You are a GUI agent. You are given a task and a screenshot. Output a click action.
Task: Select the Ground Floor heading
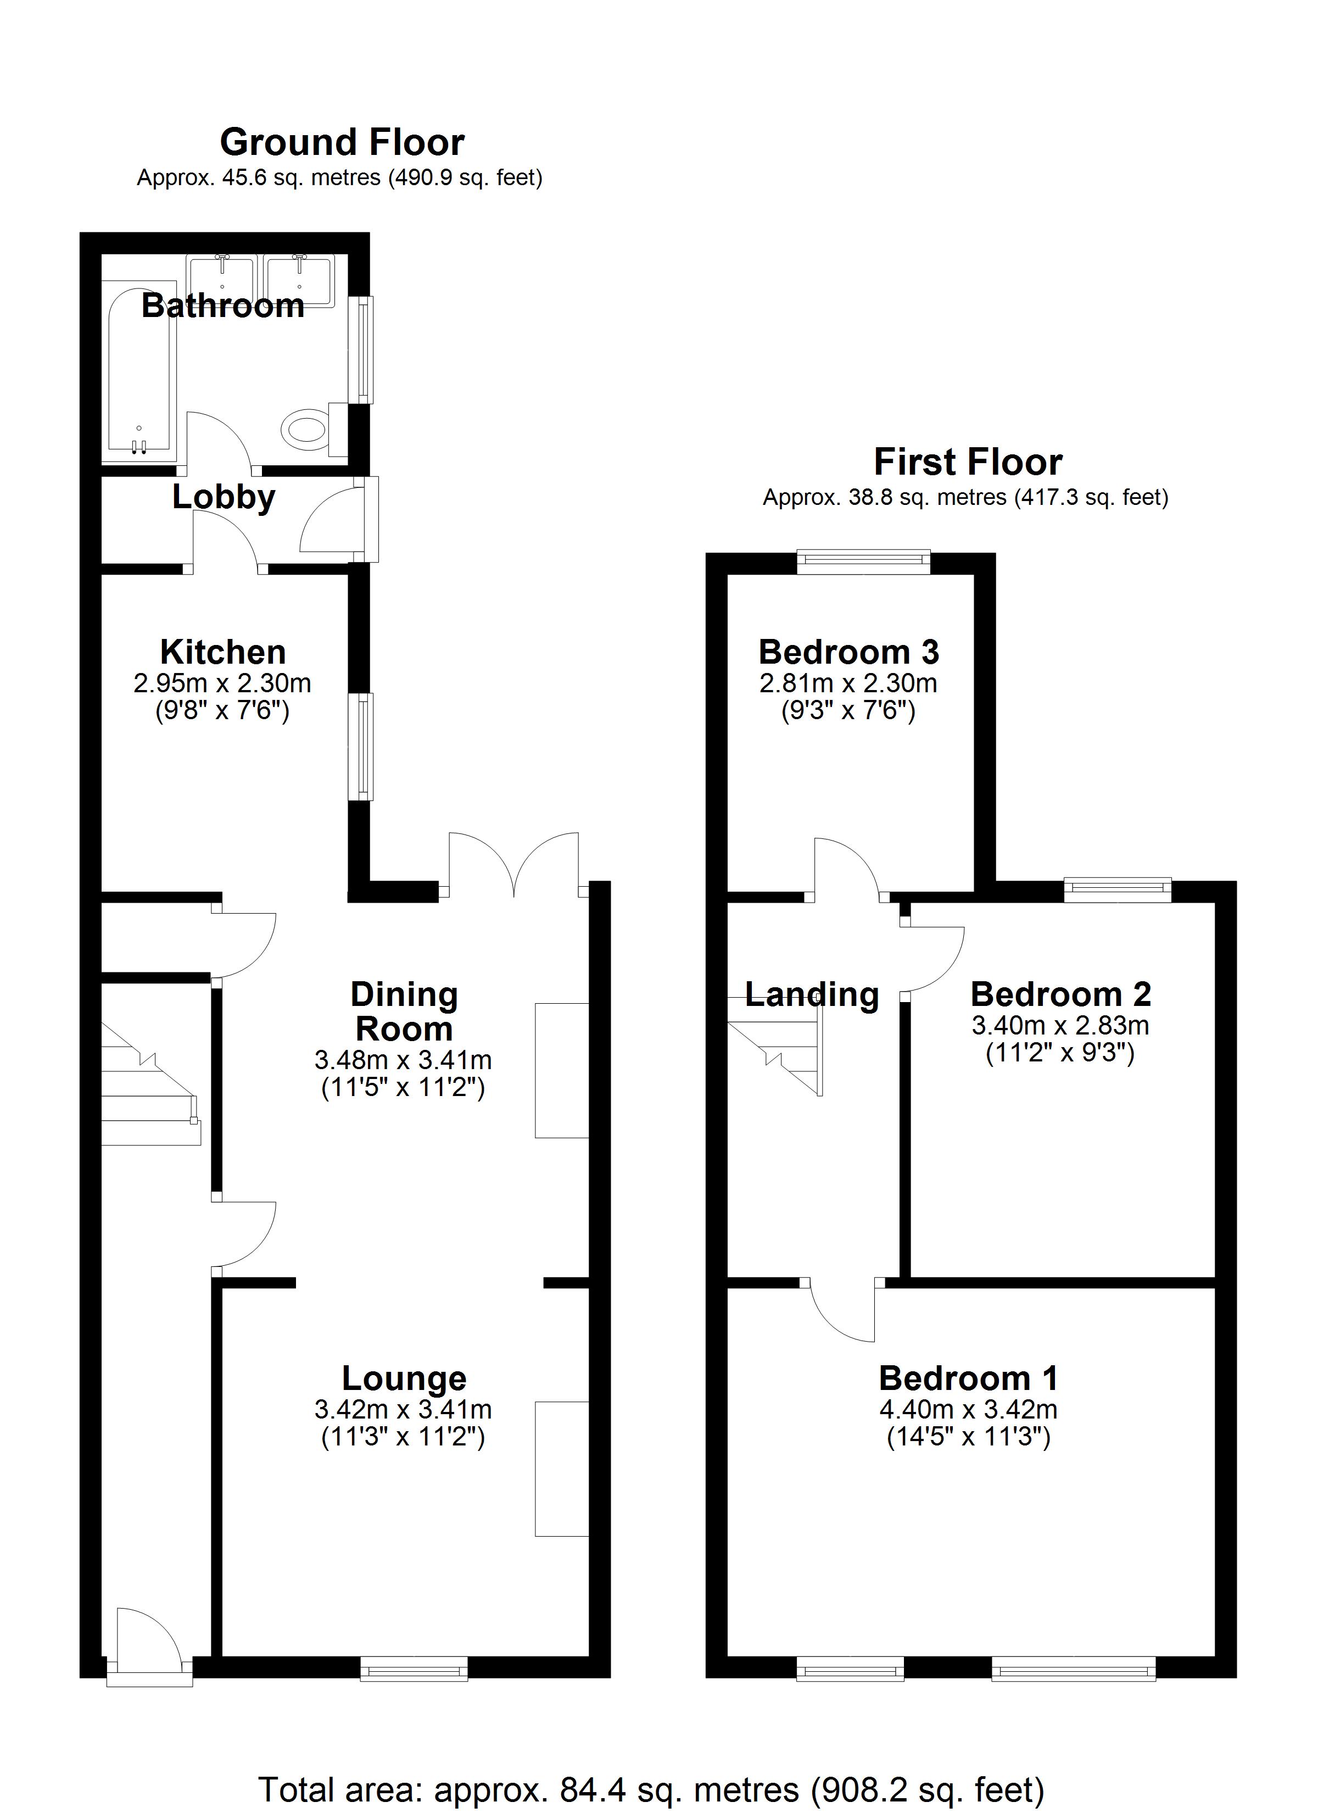tap(342, 142)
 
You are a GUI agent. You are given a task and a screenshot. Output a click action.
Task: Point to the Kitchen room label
tap(223, 652)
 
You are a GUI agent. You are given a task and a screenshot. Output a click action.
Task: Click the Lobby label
tap(224, 497)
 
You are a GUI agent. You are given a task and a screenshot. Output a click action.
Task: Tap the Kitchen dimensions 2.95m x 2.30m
tap(222, 683)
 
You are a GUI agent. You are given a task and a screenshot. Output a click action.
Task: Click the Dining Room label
tap(404, 1011)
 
